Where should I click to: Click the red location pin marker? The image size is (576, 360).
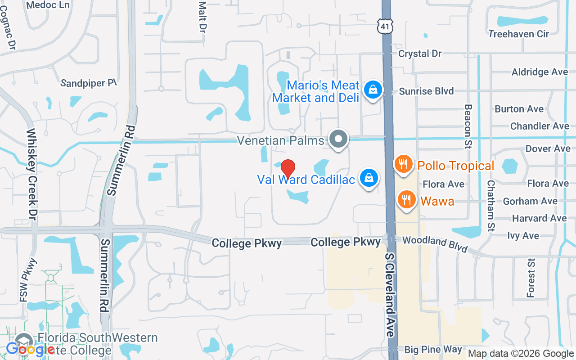(x=288, y=169)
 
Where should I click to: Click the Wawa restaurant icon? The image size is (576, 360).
(x=407, y=199)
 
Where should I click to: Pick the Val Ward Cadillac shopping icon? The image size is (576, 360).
(x=369, y=178)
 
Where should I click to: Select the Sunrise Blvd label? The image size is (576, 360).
(x=427, y=91)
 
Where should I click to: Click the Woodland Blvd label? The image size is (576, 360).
(x=435, y=244)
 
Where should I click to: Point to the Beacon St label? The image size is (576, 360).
(x=468, y=127)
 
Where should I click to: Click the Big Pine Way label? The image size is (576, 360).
(x=433, y=349)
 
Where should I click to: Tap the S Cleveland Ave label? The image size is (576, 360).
(x=390, y=294)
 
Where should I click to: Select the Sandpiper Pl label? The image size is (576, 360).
(x=88, y=83)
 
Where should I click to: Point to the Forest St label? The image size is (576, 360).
(x=531, y=278)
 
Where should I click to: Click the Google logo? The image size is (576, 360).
(x=31, y=349)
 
